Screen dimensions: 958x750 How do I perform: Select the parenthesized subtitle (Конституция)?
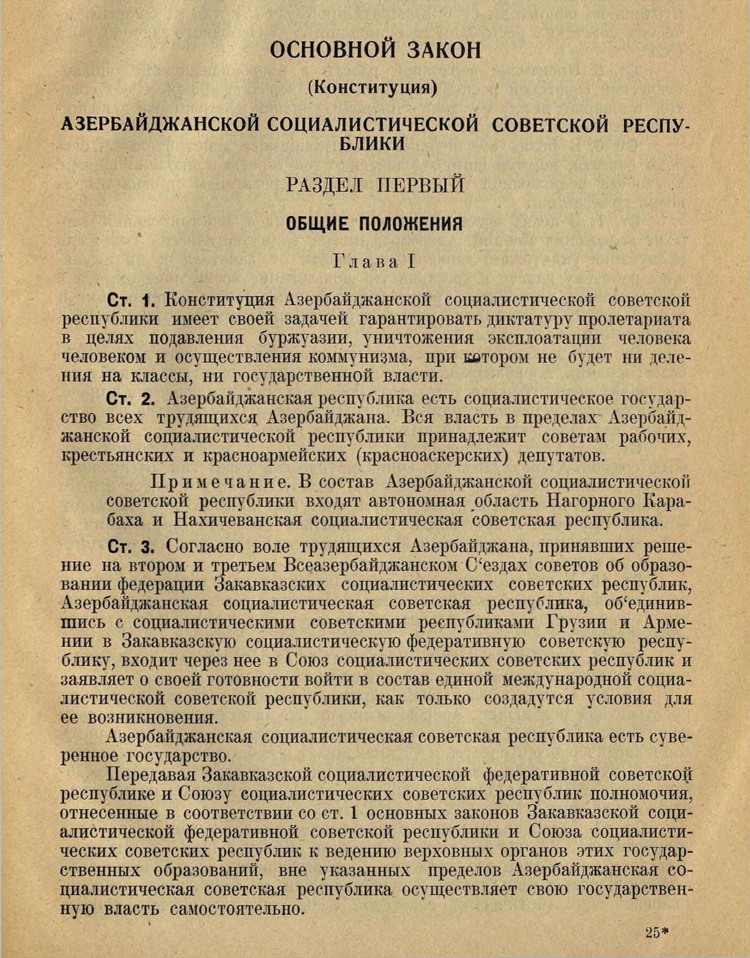pos(373,88)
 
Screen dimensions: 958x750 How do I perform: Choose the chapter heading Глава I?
pos(374,262)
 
